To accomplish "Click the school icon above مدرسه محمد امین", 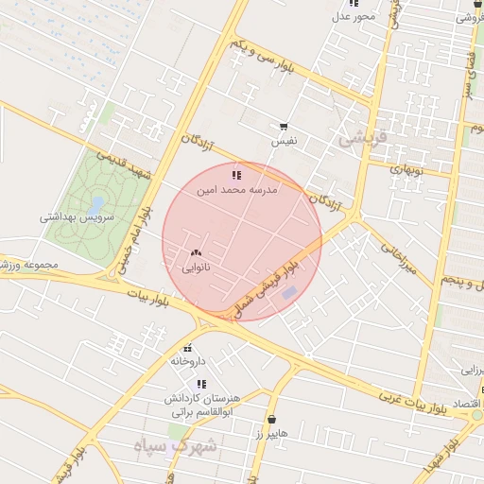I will coord(235,175).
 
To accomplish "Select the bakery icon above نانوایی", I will coord(196,252).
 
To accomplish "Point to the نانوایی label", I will coord(196,268).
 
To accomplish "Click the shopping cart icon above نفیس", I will coord(284,127).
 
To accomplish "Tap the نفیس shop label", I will coord(284,141).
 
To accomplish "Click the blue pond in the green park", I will coord(96,204).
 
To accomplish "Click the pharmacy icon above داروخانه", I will coord(188,347).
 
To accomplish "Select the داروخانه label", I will coord(188,361).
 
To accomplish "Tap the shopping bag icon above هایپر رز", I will coord(272,419).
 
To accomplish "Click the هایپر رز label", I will coord(271,433).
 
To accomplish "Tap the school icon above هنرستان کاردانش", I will coord(201,384).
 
